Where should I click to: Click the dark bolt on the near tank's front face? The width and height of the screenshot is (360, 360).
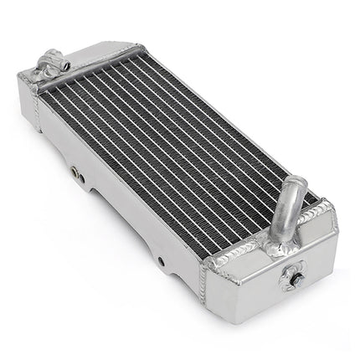(294, 274)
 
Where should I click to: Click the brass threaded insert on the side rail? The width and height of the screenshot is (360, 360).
(77, 172)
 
